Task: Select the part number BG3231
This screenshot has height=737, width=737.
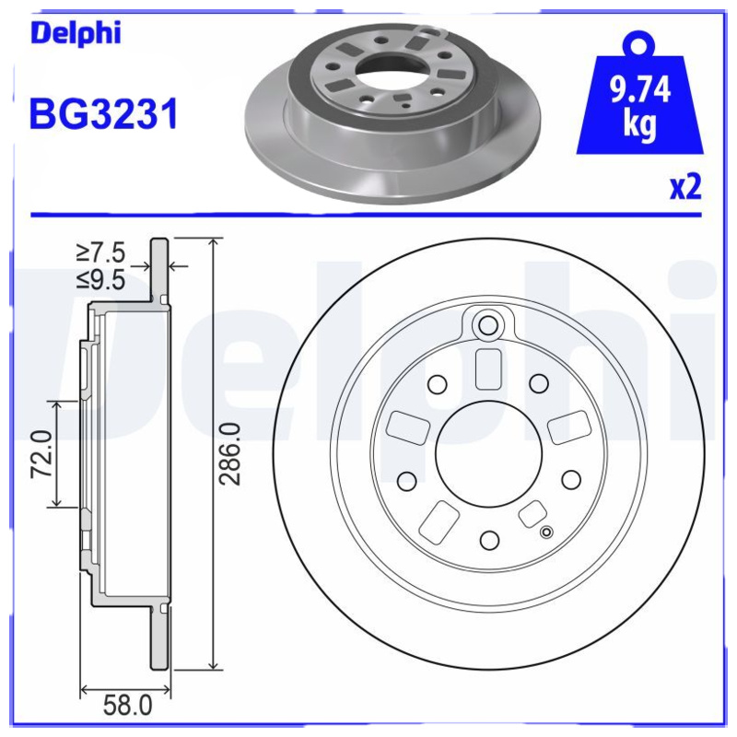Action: [103, 115]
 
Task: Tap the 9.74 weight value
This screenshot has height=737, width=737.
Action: [638, 91]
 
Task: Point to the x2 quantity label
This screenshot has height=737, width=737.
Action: [684, 188]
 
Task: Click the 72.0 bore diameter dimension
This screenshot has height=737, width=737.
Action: [39, 453]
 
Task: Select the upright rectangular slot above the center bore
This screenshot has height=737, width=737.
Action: [488, 369]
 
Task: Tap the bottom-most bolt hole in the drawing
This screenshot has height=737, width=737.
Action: [489, 540]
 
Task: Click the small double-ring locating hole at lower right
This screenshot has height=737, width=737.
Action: [547, 531]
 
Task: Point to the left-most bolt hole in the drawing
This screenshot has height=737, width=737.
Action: [404, 479]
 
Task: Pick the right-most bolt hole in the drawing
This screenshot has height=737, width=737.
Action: [571, 478]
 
